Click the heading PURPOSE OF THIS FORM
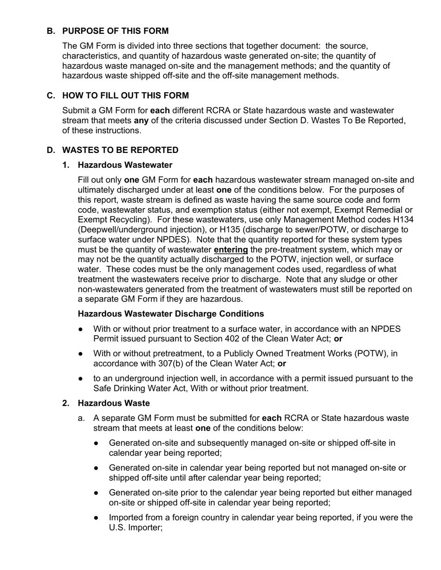(x=115, y=31)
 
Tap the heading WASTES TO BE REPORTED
(x=120, y=150)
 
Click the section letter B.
(x=51, y=31)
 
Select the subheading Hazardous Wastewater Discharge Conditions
(x=171, y=314)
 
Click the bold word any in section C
(x=141, y=120)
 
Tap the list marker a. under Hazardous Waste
(x=82, y=418)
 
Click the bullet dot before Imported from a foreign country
(x=97, y=518)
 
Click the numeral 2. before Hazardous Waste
(x=66, y=403)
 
